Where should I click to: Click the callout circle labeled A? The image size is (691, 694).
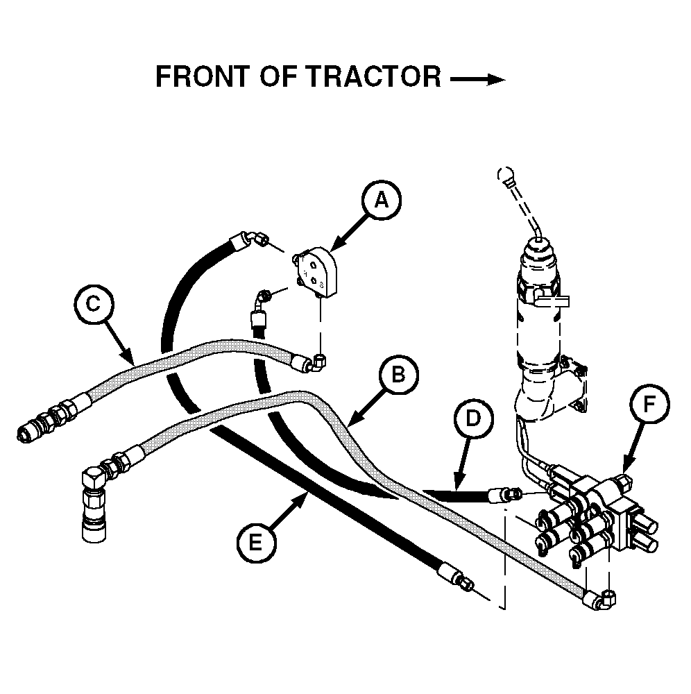tap(381, 200)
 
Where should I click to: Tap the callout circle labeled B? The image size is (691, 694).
tap(398, 375)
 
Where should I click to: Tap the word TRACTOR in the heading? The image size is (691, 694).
tap(373, 77)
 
